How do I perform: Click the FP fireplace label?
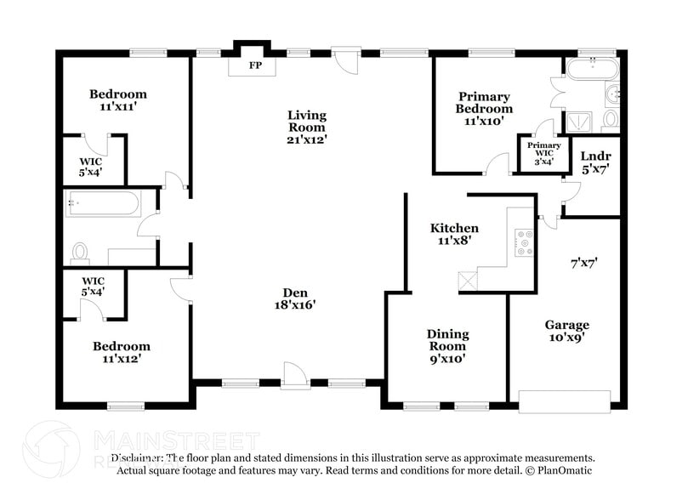click(254, 65)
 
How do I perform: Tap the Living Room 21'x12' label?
click(307, 127)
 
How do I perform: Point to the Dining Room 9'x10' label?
click(447, 346)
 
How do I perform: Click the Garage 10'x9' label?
click(567, 331)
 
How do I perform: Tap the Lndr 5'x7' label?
click(594, 162)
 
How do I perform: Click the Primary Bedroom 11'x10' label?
click(484, 108)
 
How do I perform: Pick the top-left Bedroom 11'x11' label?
click(118, 100)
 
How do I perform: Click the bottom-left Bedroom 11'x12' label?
click(121, 352)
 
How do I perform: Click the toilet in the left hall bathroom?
click(81, 252)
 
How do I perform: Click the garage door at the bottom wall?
click(565, 401)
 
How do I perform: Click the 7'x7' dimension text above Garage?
click(583, 264)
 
